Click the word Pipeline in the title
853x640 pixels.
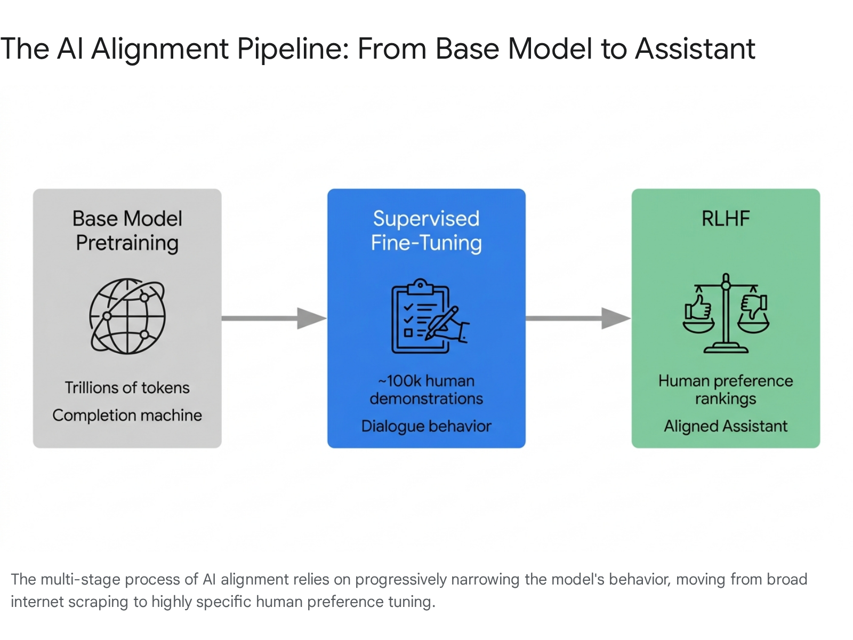point(293,50)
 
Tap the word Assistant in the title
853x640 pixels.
point(695,49)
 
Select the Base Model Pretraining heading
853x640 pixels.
point(127,231)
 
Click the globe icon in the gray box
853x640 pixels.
point(127,316)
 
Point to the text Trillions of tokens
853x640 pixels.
point(127,388)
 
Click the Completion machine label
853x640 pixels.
point(127,415)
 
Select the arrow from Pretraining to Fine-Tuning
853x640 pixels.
point(275,318)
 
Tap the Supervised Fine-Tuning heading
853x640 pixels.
point(426,231)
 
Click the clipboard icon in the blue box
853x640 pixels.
point(430,316)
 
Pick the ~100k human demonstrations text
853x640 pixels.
point(426,390)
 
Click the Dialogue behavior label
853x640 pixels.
point(426,426)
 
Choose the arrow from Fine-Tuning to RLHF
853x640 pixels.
point(578,318)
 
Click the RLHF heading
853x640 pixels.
point(726,218)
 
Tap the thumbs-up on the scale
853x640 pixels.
point(698,308)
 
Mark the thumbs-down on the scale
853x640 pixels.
point(753,307)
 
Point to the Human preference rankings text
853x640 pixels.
point(726,390)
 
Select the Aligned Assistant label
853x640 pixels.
point(726,426)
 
